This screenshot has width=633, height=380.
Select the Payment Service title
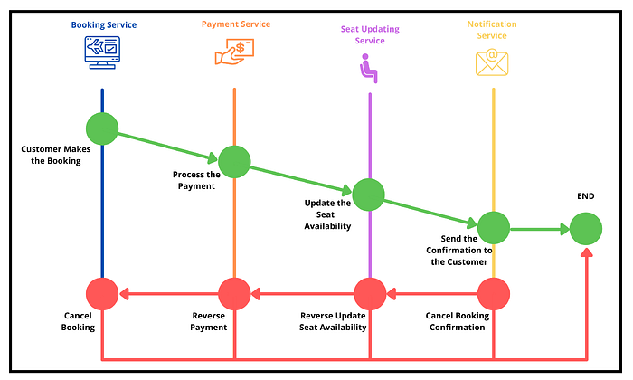[x=235, y=25]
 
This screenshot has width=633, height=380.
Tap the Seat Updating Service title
[x=370, y=34]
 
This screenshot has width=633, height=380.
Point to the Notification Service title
[x=493, y=30]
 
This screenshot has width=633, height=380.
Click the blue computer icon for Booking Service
[x=102, y=56]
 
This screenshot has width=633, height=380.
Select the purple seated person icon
[x=368, y=66]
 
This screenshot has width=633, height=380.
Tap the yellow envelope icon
[x=493, y=61]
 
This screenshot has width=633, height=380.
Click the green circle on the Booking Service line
[x=102, y=128]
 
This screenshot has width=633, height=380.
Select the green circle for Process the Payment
[x=234, y=161]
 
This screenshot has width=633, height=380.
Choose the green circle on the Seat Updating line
[x=369, y=195]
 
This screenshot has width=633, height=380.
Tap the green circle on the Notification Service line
[x=494, y=228]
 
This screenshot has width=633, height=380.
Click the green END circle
[x=586, y=228]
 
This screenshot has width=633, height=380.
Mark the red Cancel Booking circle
[x=102, y=293]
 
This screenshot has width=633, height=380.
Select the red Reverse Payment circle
[x=234, y=293]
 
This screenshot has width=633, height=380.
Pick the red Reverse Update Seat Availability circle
[x=369, y=293]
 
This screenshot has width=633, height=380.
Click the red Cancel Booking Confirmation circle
[x=494, y=293]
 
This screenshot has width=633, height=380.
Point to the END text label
[x=586, y=196]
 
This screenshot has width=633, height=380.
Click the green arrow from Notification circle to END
[x=539, y=229]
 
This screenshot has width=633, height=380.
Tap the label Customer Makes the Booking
[x=51, y=154]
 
